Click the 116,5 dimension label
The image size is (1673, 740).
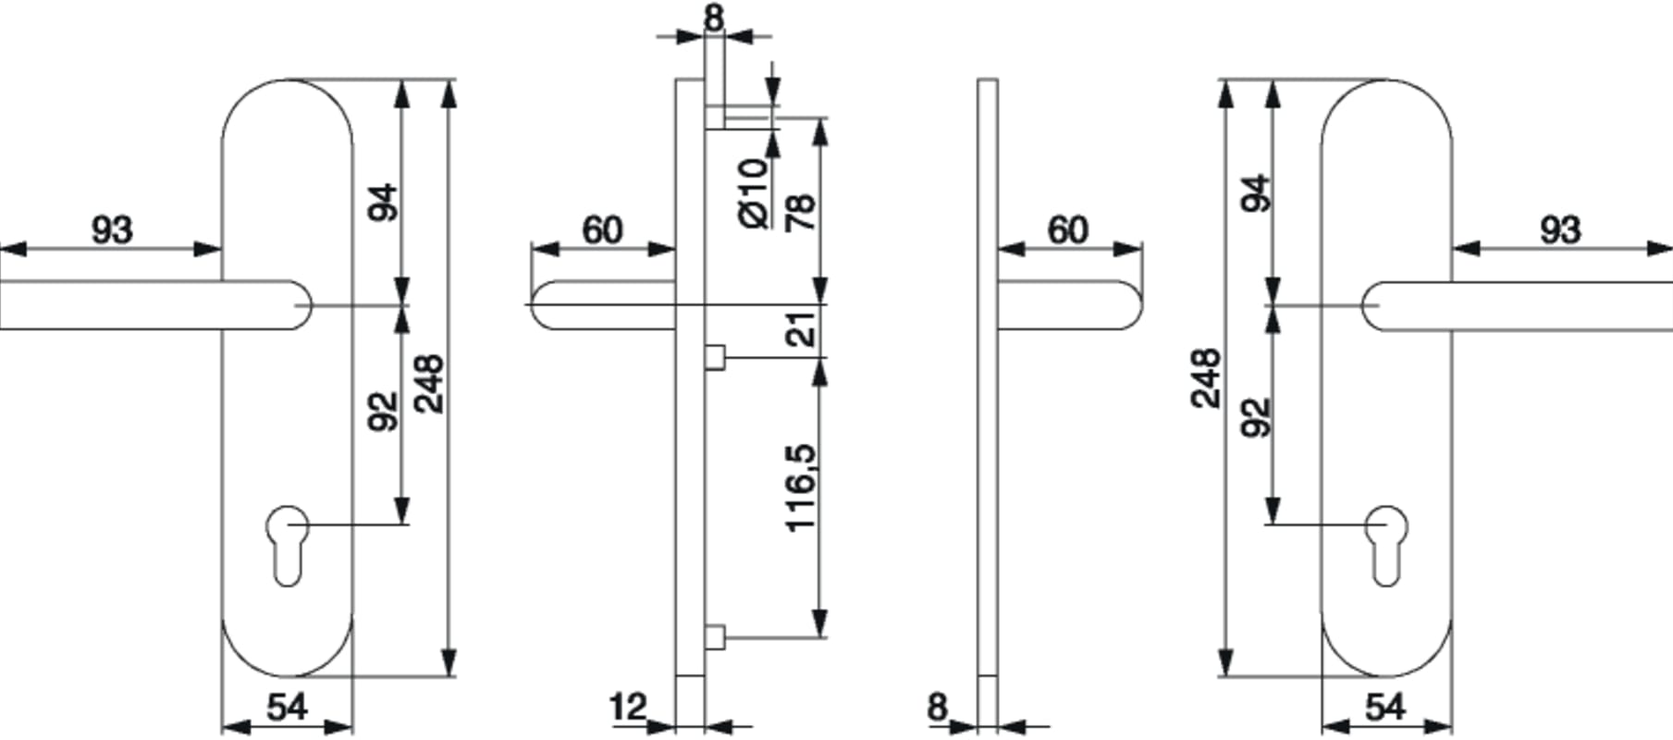pyautogui.click(x=801, y=487)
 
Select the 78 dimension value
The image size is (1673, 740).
pyautogui.click(x=801, y=212)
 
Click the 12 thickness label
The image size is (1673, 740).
pyautogui.click(x=629, y=708)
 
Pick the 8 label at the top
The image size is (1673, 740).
pyautogui.click(x=714, y=18)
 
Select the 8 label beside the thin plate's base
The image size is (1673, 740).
pyautogui.click(x=938, y=708)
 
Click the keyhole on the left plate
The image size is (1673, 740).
pyautogui.click(x=288, y=545)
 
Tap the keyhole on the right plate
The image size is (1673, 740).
pyautogui.click(x=1385, y=545)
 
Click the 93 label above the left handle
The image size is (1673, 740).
pyautogui.click(x=112, y=229)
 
